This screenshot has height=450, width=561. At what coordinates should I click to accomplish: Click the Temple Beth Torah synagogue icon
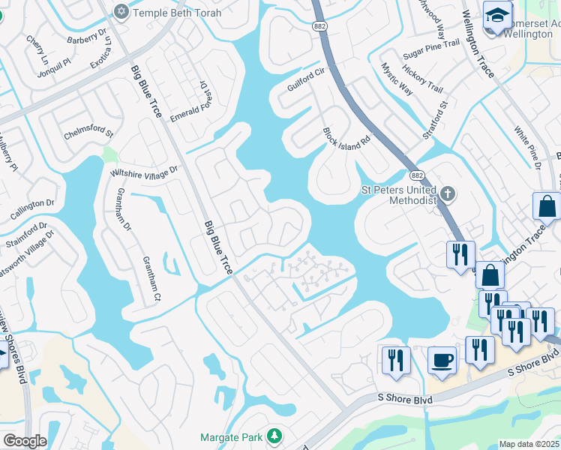click(x=121, y=11)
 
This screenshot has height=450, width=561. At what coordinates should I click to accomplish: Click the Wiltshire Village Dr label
click(x=144, y=171)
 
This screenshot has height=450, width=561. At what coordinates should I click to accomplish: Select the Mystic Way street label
click(x=397, y=79)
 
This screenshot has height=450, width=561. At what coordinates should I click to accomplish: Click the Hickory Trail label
click(x=423, y=78)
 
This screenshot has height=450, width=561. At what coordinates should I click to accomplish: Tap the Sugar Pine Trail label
click(x=430, y=50)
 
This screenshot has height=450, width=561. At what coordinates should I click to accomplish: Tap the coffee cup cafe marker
click(x=442, y=361)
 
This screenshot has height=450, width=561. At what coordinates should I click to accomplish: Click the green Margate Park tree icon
click(x=275, y=436)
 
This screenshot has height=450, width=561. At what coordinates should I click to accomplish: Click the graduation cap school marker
click(x=497, y=14)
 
